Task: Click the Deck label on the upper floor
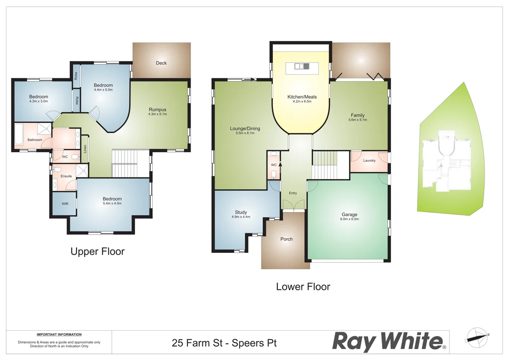(161, 63)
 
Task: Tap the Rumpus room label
(158, 110)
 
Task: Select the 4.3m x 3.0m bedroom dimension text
(38, 102)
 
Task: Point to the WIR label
(65, 204)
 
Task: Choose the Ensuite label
(66, 176)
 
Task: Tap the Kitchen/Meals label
(302, 97)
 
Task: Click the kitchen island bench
(301, 66)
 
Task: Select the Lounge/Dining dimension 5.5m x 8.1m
(245, 133)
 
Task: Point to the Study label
(241, 212)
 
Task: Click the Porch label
(286, 239)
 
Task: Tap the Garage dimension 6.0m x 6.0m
(349, 219)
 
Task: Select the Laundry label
(369, 161)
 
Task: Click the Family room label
(358, 115)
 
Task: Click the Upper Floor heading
(97, 251)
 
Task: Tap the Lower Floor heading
(303, 287)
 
